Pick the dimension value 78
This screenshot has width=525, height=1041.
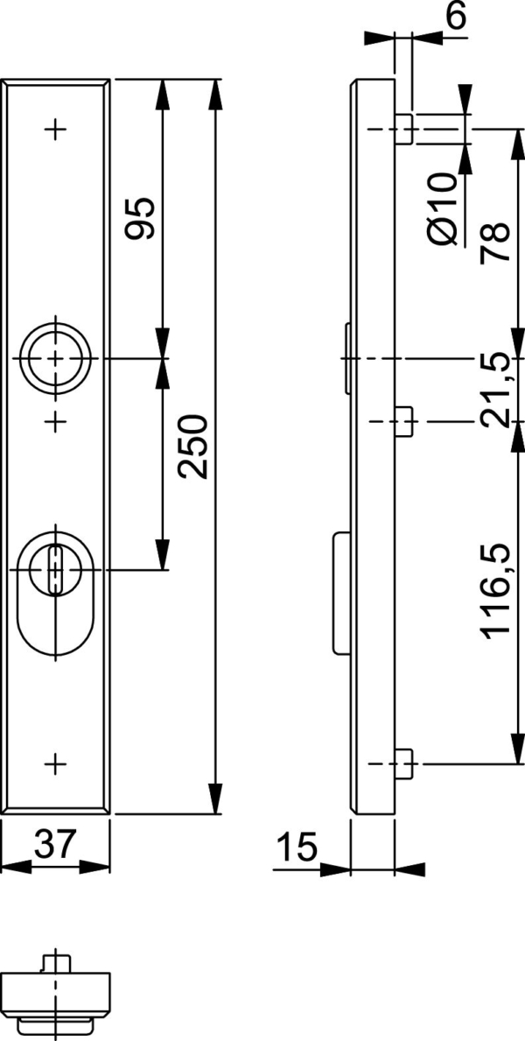495,244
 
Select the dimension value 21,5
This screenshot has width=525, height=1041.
495,390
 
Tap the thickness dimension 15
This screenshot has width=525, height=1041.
296,848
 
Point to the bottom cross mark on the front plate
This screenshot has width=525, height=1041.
56,763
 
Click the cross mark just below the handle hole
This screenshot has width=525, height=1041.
56,422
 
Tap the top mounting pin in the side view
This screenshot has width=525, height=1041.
403,130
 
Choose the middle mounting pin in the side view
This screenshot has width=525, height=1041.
403,422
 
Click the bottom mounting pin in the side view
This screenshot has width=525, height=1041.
403,763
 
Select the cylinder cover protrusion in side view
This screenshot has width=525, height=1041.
340,593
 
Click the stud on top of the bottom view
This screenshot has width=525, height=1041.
56,962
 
